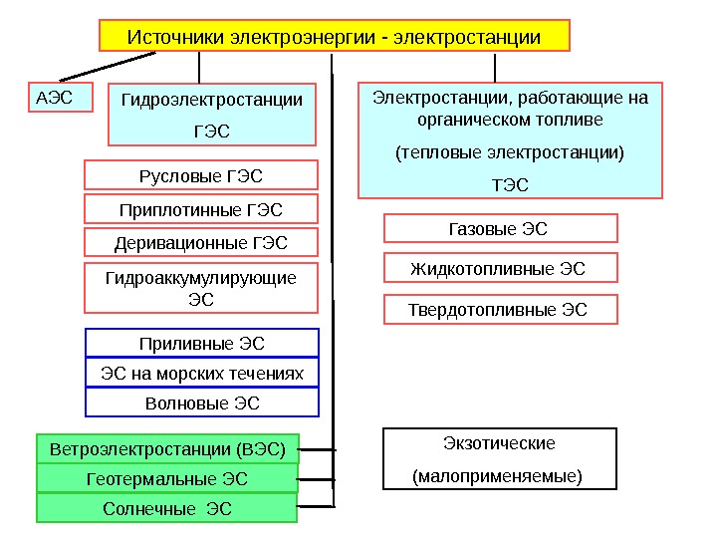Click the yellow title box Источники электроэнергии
click(334, 37)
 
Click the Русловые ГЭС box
click(201, 175)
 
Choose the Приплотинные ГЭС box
click(201, 209)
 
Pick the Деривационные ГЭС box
click(201, 242)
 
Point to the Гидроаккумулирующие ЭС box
click(201, 287)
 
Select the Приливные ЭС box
click(202, 344)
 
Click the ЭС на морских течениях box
click(202, 374)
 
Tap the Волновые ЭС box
click(202, 403)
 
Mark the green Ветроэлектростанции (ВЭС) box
click(167, 449)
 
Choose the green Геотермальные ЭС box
click(167, 479)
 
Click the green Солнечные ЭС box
click(167, 508)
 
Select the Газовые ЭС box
click(500, 229)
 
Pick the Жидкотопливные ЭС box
click(500, 268)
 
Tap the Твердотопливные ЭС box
click(500, 309)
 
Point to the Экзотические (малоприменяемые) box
click(500, 458)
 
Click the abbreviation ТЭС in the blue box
click(511, 184)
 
